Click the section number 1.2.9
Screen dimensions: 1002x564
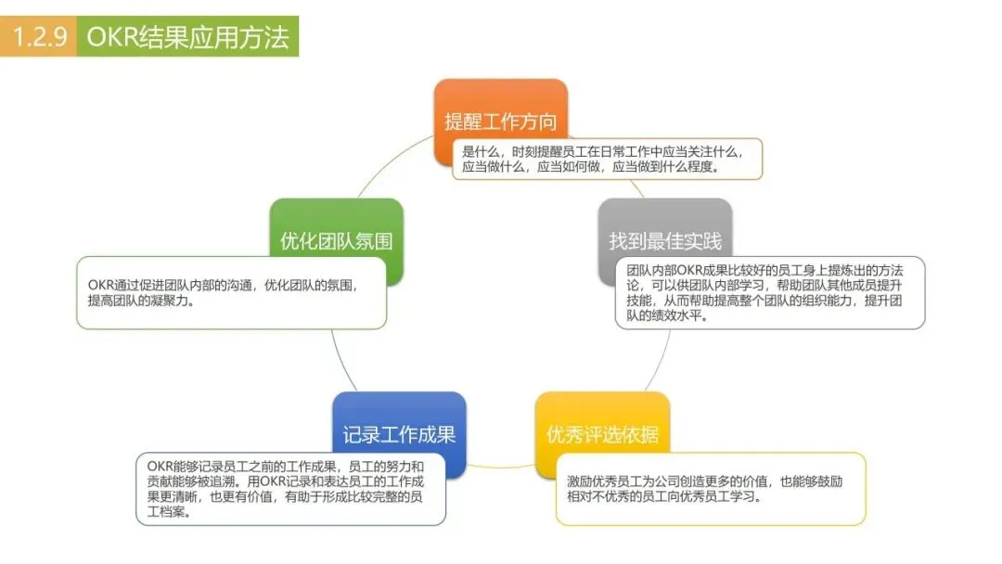(x=39, y=37)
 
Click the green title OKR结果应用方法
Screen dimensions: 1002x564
(x=187, y=37)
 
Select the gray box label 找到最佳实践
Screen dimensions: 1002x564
(x=664, y=241)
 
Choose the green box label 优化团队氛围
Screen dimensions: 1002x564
(x=336, y=241)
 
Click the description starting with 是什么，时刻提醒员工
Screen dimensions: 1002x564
(x=607, y=159)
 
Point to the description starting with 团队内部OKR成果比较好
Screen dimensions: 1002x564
(x=769, y=292)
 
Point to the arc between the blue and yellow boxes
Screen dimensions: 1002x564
(x=501, y=463)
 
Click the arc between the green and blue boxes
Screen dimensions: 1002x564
(x=344, y=362)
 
